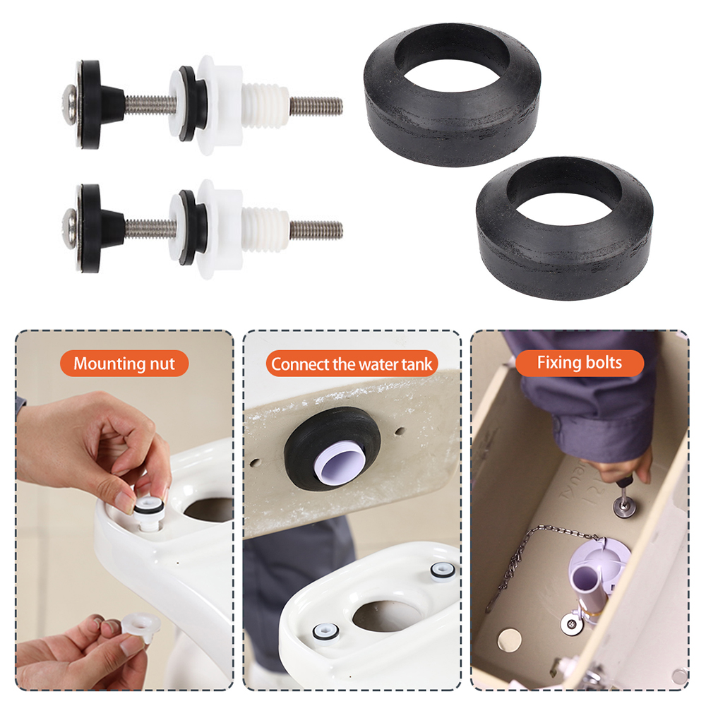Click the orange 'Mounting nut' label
pyautogui.click(x=124, y=364)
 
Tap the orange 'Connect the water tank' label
pyautogui.click(x=352, y=364)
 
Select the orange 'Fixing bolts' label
pyautogui.click(x=580, y=363)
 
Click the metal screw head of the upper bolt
pyautogui.click(x=70, y=105)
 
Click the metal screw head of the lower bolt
pyautogui.click(x=70, y=228)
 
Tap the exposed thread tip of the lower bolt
pyautogui.click(x=316, y=229)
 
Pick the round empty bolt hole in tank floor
pyautogui.click(x=509, y=640)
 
